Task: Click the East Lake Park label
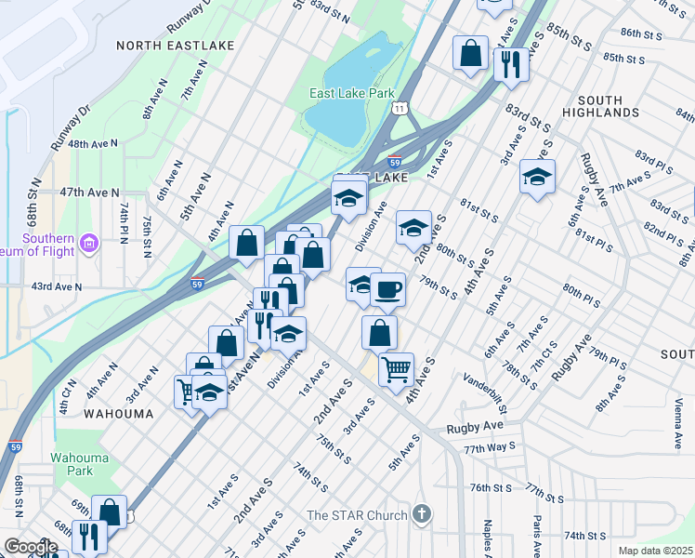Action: (352, 93)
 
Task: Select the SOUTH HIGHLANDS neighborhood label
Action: (608, 106)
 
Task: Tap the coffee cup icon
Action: (387, 289)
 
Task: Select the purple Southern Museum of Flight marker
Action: (90, 245)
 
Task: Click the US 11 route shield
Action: (399, 109)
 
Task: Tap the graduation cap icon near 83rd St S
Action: (537, 177)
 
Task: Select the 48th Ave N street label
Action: (93, 144)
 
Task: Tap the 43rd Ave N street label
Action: (58, 287)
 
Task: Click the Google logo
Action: (31, 546)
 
